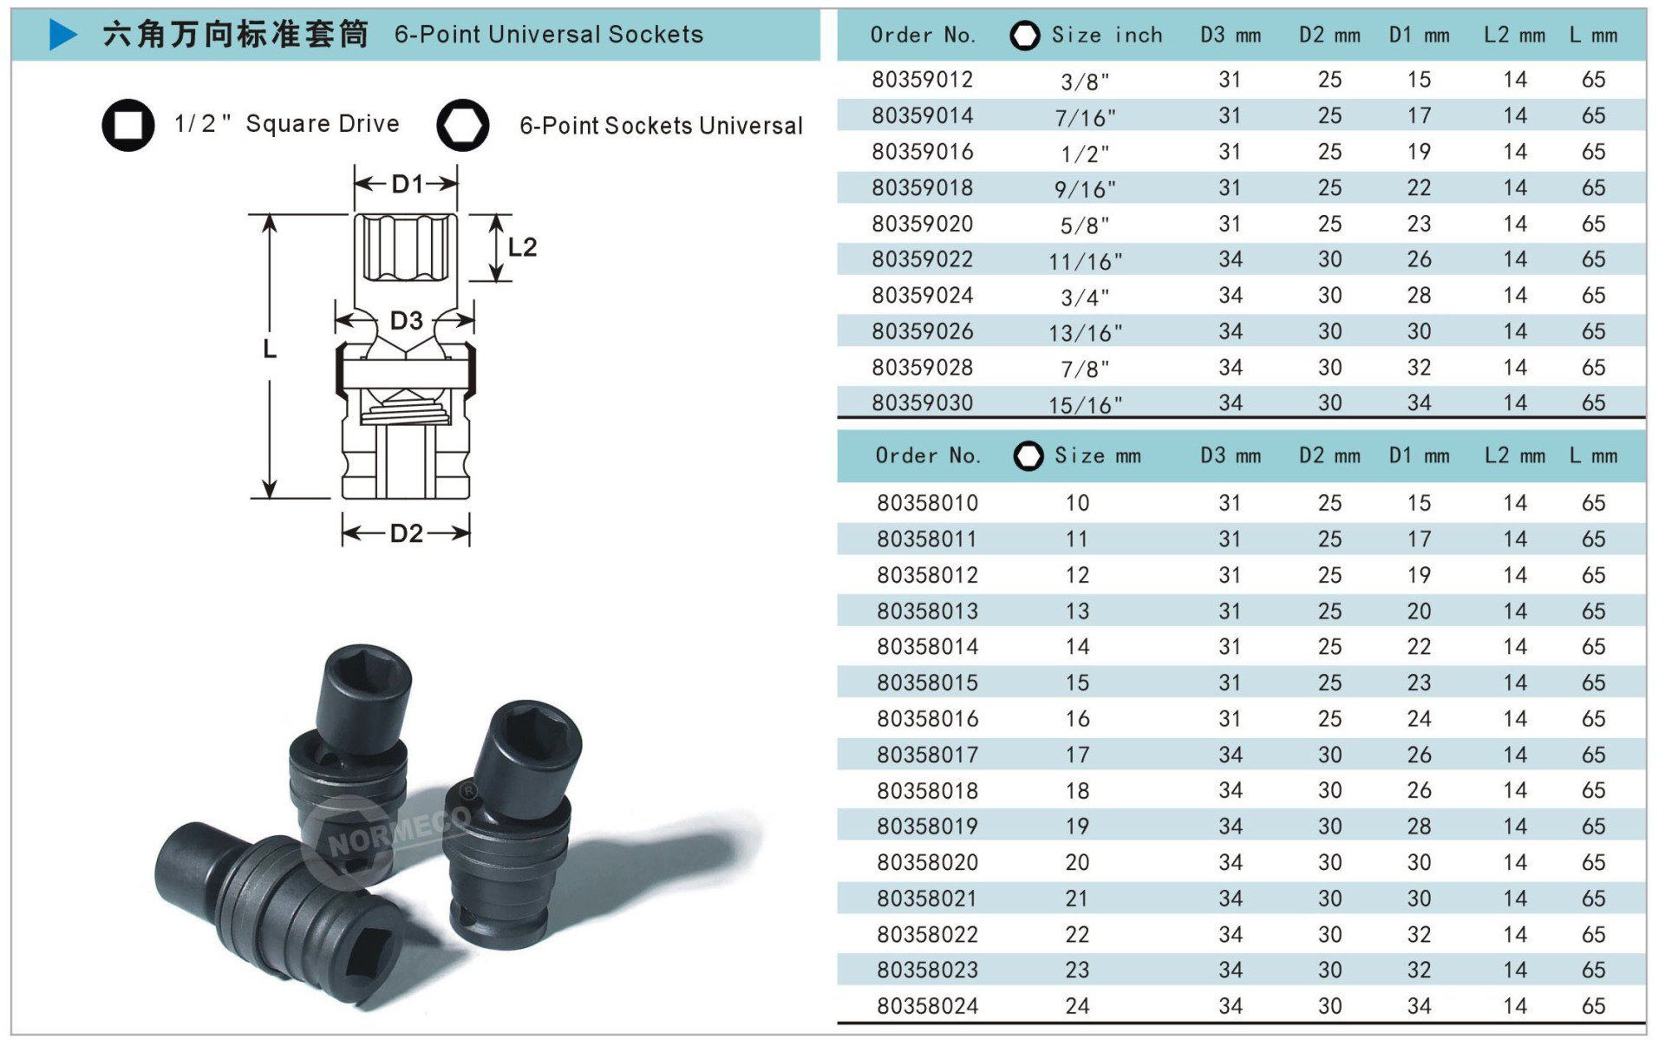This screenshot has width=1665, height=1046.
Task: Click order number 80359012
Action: [x=922, y=80]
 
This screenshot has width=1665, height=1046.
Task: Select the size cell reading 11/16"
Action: [x=1085, y=261]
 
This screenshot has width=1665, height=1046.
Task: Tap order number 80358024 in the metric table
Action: [x=927, y=1006]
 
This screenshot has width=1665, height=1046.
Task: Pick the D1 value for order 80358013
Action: [x=1419, y=611]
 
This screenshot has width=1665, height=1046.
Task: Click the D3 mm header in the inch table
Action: [x=1230, y=36]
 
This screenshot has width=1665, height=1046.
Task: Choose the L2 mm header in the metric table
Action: [x=1514, y=456]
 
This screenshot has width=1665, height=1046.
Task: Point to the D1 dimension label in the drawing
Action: [x=407, y=184]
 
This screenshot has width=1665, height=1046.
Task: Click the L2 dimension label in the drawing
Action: [x=522, y=247]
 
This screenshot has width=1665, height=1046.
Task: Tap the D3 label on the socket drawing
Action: [x=406, y=321]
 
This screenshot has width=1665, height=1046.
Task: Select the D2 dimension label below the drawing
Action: [x=406, y=533]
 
